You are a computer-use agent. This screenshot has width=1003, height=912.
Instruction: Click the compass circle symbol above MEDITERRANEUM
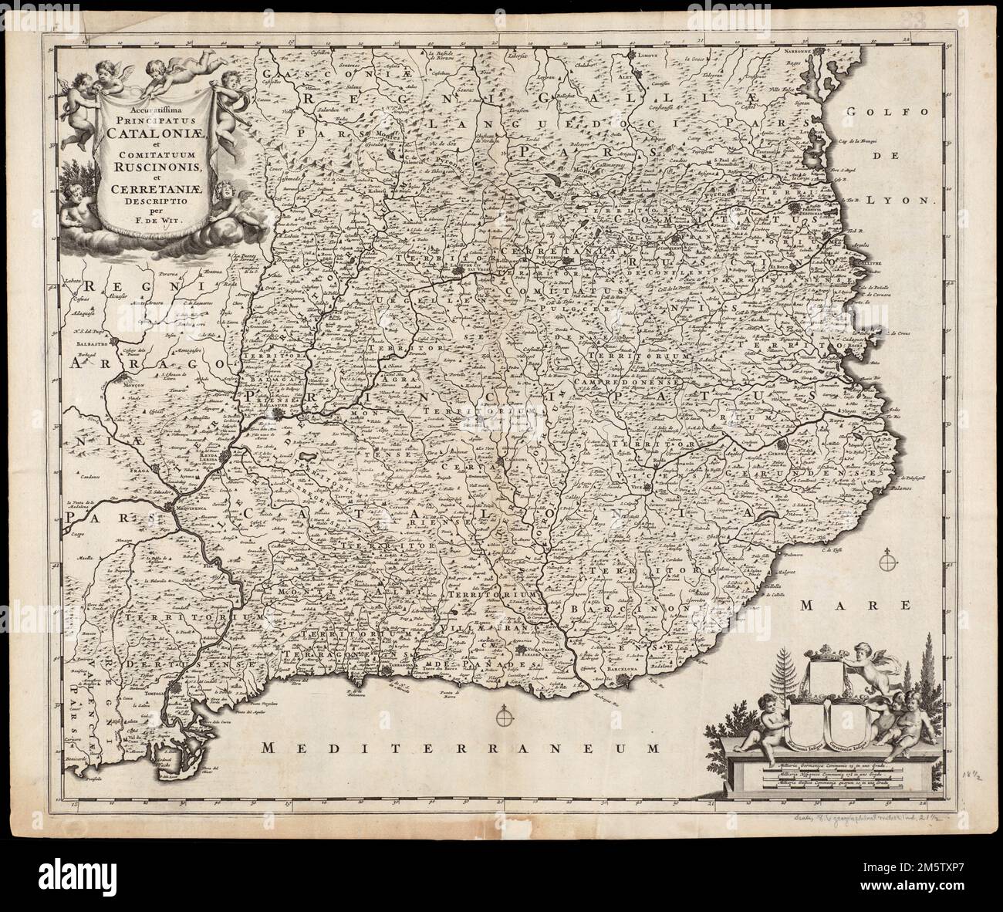click(505, 718)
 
